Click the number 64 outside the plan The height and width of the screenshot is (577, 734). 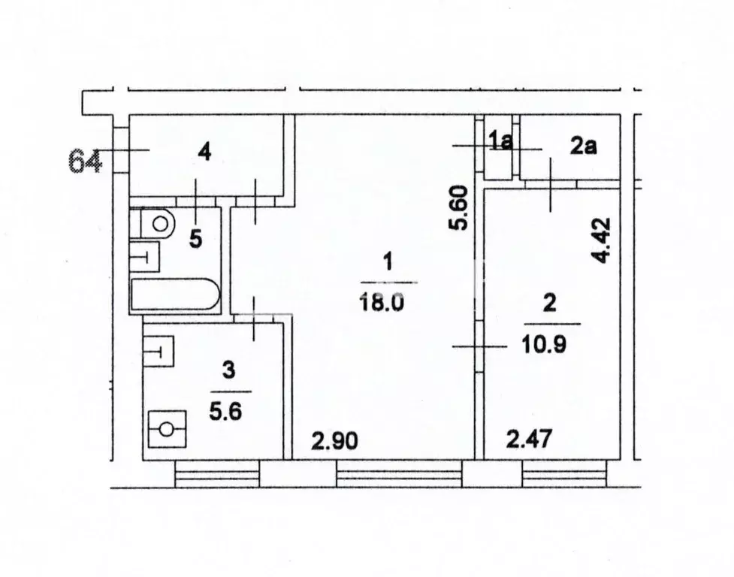tap(86, 162)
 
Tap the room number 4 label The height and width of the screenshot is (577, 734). tap(204, 153)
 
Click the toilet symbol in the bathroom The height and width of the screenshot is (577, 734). tap(158, 223)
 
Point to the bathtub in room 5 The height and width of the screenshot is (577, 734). tap(175, 295)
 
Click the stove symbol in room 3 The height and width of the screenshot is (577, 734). tap(167, 430)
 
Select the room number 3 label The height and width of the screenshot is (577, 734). tap(230, 370)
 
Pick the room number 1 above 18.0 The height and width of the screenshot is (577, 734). tap(388, 263)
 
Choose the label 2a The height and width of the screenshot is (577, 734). tap(583, 147)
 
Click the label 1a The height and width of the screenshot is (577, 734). tap(500, 141)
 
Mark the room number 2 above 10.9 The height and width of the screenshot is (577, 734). tap(550, 304)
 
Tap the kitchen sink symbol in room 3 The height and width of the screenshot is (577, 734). tap(159, 350)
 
